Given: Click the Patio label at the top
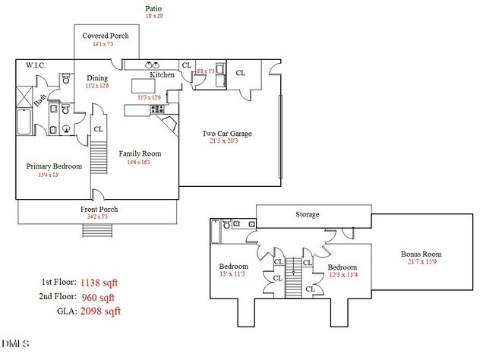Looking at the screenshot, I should (154, 8).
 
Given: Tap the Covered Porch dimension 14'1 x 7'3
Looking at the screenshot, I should (106, 45).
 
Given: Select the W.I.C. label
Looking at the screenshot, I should (36, 66).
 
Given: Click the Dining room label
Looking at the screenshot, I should (97, 77).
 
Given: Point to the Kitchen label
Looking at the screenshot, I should (163, 75).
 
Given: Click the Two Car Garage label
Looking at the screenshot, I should (226, 134).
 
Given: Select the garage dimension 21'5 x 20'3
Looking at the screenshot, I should (226, 142).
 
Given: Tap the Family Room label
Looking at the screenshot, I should (140, 153).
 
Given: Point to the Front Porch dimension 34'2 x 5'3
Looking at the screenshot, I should (99, 217).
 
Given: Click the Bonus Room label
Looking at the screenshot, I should (421, 254).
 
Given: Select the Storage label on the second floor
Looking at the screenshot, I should (307, 215).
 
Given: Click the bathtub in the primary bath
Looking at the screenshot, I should (24, 122).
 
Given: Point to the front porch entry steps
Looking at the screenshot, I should (90, 230).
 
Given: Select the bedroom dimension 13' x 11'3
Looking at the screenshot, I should (234, 274).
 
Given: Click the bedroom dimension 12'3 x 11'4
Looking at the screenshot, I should (342, 275).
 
